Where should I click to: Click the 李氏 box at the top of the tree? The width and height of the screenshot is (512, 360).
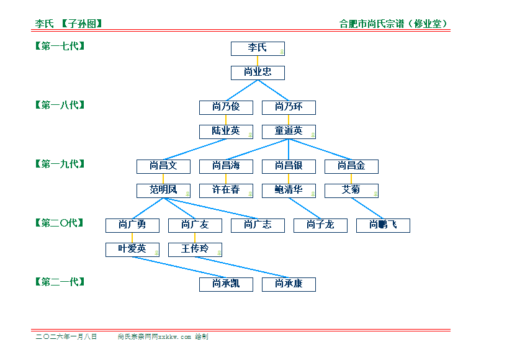coord(258,48)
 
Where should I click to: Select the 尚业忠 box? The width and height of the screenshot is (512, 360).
coord(258,73)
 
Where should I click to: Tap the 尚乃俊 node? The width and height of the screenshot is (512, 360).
coord(226,107)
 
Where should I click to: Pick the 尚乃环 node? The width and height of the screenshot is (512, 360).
coord(289,107)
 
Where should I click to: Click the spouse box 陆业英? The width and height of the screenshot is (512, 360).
coord(226,132)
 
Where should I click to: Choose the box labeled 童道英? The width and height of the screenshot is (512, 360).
coord(289,132)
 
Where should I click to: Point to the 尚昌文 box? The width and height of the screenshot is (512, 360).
coord(163,166)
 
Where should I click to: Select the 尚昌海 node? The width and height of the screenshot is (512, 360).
coord(226,166)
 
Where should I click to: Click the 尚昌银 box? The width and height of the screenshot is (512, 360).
coord(289,166)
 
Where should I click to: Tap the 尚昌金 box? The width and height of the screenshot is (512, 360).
coord(351,166)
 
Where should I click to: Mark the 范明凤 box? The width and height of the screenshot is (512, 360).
coord(163,191)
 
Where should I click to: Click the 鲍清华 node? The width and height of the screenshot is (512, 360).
coord(289,191)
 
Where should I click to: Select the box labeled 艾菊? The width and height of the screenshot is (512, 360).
coord(351,191)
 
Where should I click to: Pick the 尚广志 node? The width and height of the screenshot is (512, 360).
coord(258,225)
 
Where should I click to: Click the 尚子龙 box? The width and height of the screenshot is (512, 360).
coord(320,225)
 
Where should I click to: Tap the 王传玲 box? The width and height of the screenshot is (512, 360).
coord(195,250)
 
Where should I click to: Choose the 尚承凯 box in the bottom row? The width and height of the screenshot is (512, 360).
coord(226,284)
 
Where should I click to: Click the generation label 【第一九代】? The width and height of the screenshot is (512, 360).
coord(60,164)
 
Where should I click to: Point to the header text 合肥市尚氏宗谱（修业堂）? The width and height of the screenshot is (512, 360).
coord(393,24)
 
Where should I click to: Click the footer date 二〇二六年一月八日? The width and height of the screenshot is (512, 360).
coord(66,336)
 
